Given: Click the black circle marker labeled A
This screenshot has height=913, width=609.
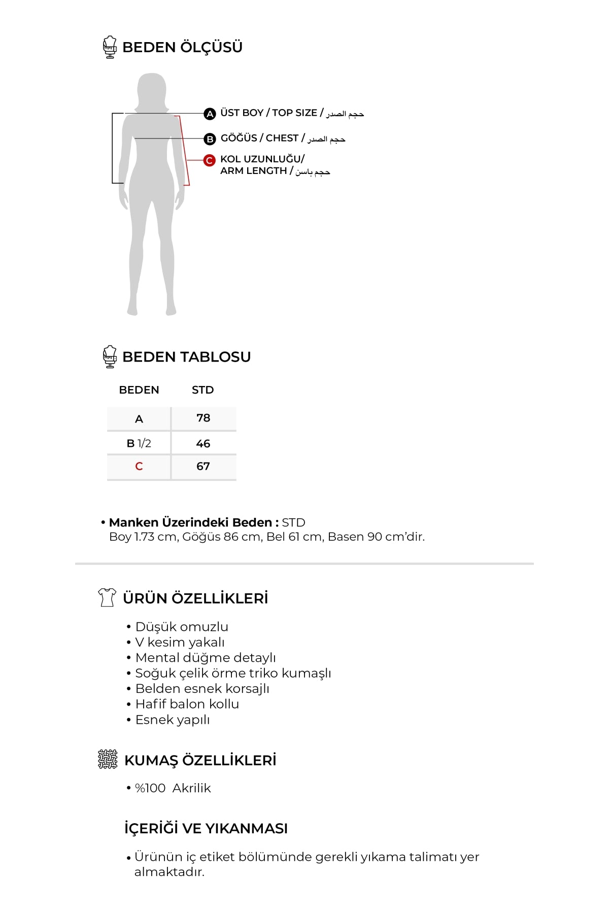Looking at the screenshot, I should click(x=210, y=114).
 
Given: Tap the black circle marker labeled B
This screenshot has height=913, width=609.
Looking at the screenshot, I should click(x=210, y=139).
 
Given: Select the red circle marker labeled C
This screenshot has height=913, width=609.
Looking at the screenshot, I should click(x=209, y=160).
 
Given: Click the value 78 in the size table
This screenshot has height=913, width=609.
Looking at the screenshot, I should click(x=203, y=418).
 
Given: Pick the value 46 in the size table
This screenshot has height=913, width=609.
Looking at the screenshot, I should click(x=203, y=444).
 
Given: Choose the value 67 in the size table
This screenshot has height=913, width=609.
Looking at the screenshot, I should click(x=203, y=466).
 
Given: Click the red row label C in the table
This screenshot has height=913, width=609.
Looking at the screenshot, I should click(x=139, y=467).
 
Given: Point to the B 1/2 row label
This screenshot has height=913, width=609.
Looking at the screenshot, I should click(x=139, y=444).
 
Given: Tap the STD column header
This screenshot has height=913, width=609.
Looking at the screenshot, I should click(x=202, y=390).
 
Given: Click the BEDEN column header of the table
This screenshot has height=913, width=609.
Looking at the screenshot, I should click(x=139, y=390).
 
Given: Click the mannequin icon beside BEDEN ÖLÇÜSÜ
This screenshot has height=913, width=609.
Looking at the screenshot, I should click(x=110, y=47).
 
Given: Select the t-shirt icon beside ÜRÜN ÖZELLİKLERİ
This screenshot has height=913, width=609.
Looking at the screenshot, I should click(x=107, y=598).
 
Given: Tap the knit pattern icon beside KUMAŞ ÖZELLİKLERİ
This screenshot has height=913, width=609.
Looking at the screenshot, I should click(x=108, y=759).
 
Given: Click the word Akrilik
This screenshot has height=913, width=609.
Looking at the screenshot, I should click(x=191, y=788).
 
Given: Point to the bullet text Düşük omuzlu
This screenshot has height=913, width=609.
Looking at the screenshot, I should click(x=182, y=627).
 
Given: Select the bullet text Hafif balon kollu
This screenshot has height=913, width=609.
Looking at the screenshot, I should click(x=187, y=704).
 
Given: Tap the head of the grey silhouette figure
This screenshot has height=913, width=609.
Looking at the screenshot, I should click(x=152, y=89).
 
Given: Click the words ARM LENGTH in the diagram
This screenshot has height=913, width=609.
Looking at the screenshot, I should click(x=253, y=171).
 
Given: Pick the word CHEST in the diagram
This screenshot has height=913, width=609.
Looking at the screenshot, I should click(x=282, y=138).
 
